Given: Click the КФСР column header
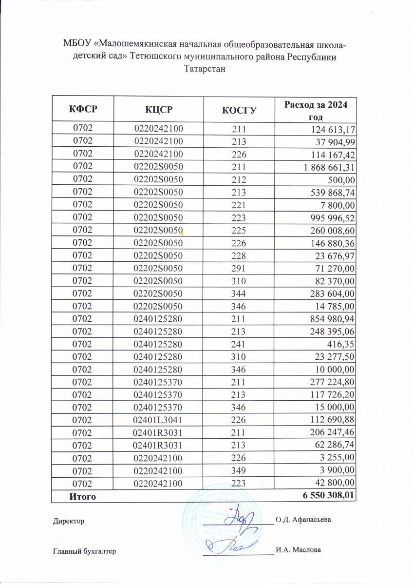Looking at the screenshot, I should [82, 109].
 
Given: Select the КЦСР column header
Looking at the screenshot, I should [159, 109].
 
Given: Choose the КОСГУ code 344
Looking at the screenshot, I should [239, 293].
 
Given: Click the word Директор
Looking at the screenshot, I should [68, 521].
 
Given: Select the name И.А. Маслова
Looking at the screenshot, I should [298, 550].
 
